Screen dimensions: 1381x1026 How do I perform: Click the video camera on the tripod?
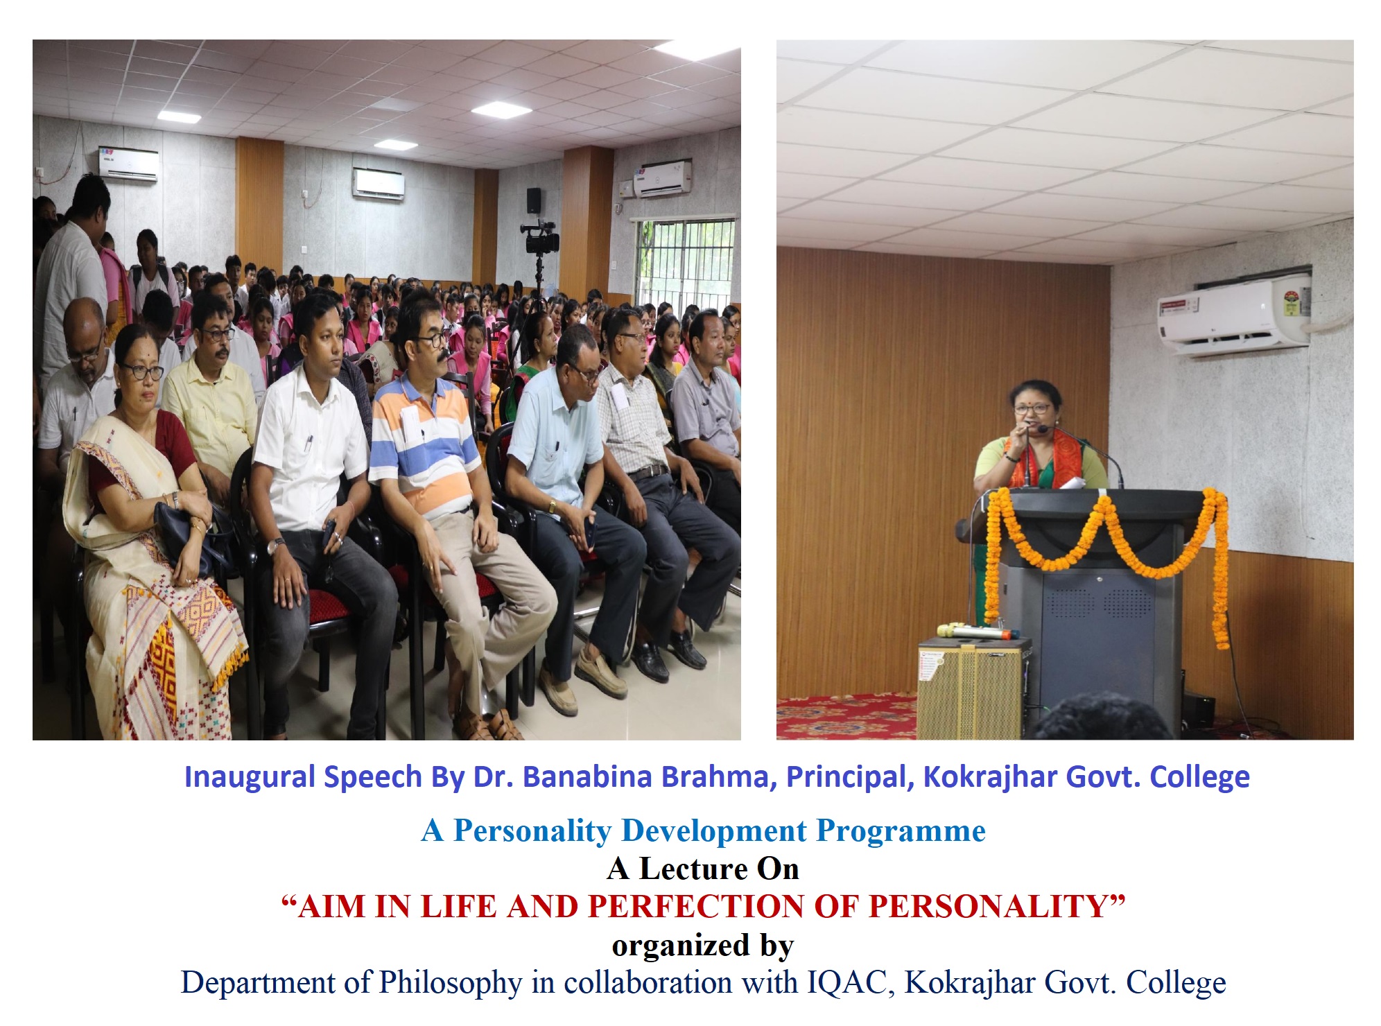[540, 238]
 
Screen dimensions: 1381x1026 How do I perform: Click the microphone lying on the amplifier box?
[978, 632]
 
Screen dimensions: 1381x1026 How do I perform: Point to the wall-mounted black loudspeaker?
[533, 200]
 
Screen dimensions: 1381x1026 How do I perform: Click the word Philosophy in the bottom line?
[450, 983]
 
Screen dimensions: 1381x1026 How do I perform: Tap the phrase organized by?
[702, 946]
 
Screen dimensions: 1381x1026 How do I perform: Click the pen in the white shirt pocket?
[309, 444]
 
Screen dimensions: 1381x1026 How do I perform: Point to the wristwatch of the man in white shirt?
[275, 546]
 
